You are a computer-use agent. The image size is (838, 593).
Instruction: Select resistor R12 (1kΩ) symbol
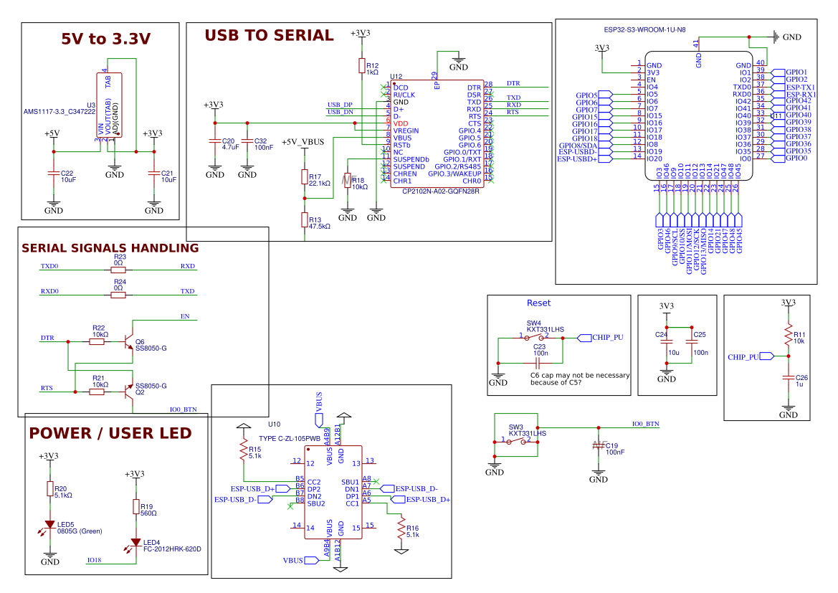pos(362,66)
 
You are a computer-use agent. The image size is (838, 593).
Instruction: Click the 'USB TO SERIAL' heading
pos(269,35)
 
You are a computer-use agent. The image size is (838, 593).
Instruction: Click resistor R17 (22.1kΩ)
pos(305,178)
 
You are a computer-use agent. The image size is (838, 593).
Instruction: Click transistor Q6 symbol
pos(128,342)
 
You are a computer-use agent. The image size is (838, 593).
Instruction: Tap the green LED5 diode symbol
pos(49,526)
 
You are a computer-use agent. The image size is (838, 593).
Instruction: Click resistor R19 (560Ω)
pos(135,507)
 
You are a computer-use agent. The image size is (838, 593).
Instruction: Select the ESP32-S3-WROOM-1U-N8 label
pos(644,30)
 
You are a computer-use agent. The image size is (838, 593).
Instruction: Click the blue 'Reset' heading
pos(538,303)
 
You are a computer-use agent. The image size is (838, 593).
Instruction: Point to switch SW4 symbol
pos(533,337)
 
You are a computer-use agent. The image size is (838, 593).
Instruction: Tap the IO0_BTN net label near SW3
pos(645,424)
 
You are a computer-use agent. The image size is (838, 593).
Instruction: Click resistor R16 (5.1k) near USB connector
pos(401,528)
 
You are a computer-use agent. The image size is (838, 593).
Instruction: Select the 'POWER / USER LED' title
pos(110,433)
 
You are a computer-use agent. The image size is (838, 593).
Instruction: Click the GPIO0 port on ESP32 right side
pos(796,158)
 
